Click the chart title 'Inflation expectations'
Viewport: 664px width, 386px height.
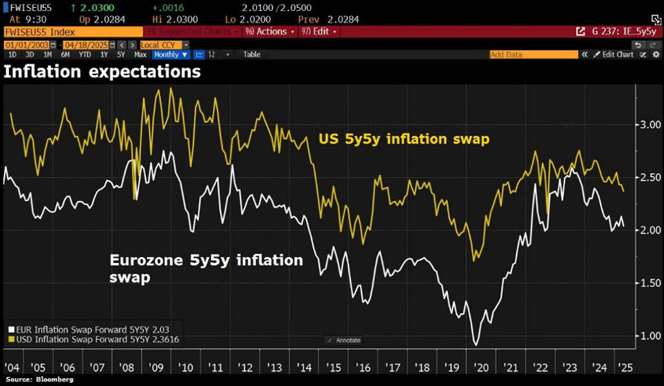pyautogui.click(x=102, y=72)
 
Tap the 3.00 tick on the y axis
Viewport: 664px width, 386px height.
pyautogui.click(x=647, y=124)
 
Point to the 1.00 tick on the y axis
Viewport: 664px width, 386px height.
pyautogui.click(x=647, y=336)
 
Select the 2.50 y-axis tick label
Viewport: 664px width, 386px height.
pyautogui.click(x=647, y=177)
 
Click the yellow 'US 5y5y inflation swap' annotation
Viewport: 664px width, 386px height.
pyautogui.click(x=403, y=139)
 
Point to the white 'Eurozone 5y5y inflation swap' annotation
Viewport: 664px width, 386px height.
pyautogui.click(x=206, y=268)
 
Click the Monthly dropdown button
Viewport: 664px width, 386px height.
pyautogui.click(x=171, y=55)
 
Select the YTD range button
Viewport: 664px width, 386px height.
pyautogui.click(x=84, y=55)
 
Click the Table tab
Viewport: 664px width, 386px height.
pyautogui.click(x=252, y=55)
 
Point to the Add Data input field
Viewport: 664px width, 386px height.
pyautogui.click(x=533, y=55)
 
